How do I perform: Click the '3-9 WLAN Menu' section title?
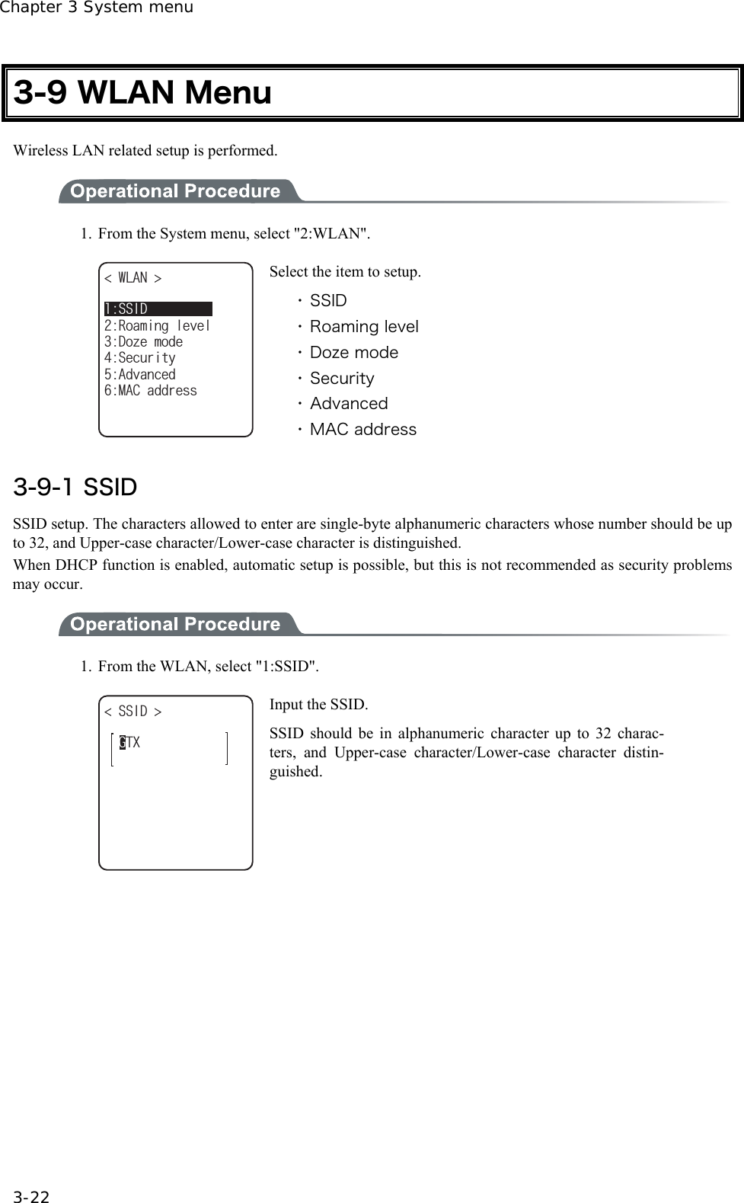(x=143, y=93)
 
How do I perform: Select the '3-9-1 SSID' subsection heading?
(x=75, y=487)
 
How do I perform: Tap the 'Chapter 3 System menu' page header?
(x=97, y=8)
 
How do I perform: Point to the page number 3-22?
(x=31, y=1197)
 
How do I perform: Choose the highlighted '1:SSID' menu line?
(x=158, y=309)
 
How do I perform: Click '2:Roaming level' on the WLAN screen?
(x=157, y=325)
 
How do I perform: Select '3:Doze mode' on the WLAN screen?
(x=143, y=341)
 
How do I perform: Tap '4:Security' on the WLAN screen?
(x=139, y=358)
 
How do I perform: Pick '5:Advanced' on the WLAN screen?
(x=139, y=374)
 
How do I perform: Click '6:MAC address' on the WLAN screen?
(x=150, y=390)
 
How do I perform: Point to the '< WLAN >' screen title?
(x=133, y=278)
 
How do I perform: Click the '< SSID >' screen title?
(x=133, y=712)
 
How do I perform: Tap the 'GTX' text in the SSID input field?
(x=129, y=742)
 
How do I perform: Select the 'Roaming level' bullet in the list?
(x=363, y=327)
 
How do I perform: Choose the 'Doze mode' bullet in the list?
(x=353, y=353)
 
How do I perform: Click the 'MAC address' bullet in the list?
(x=362, y=430)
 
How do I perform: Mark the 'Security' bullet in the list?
(x=342, y=379)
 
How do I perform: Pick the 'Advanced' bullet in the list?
(x=348, y=404)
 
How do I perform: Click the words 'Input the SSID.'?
(x=318, y=705)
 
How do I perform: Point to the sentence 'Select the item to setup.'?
(x=345, y=272)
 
